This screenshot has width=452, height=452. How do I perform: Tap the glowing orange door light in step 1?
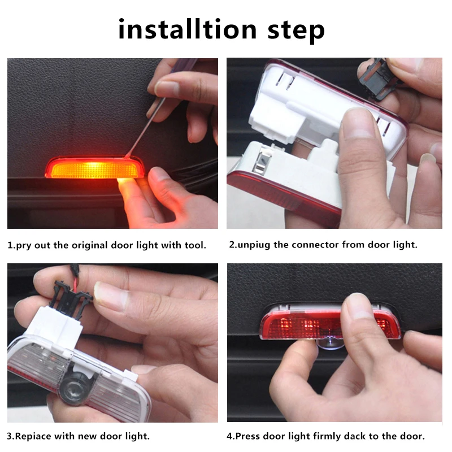point(90,168)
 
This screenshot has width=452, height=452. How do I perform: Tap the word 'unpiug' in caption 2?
point(258,246)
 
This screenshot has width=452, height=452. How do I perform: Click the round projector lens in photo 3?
point(73,388)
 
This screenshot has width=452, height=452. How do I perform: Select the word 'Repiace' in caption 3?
point(33,437)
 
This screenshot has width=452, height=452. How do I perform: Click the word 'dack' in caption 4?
point(362,437)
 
